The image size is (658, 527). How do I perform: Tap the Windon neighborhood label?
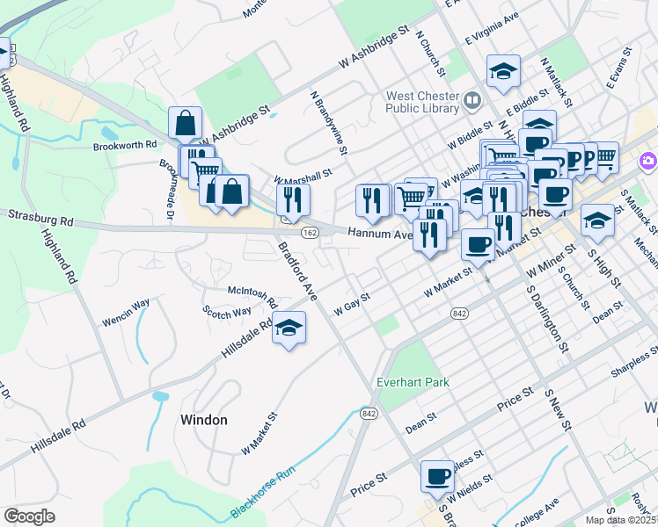204,420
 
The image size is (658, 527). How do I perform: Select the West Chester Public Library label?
422,102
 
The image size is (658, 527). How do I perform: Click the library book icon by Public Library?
473,101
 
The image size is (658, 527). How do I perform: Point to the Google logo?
29,516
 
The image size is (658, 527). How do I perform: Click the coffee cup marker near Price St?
437,477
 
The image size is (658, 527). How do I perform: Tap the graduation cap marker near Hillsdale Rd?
289,328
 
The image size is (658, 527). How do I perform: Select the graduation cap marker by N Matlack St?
504,72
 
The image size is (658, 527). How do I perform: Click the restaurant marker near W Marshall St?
293,199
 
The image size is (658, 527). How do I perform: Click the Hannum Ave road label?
379,235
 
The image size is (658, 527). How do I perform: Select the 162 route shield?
309,232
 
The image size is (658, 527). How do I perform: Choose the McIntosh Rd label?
252,292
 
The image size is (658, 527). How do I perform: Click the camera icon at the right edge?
649,161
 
